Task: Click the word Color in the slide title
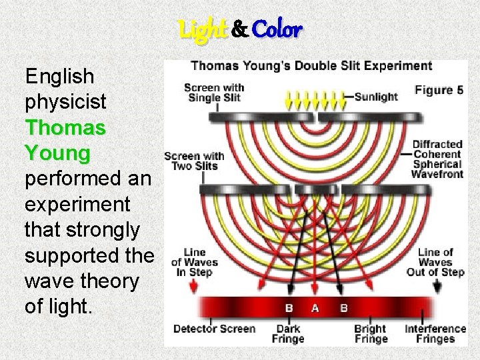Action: [x=278, y=29]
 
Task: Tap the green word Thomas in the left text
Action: [x=65, y=127]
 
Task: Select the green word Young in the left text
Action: [x=57, y=153]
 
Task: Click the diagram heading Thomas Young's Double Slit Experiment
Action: [x=311, y=66]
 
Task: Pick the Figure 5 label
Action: [x=439, y=90]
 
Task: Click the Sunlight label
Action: [x=377, y=97]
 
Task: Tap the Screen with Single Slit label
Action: [x=213, y=92]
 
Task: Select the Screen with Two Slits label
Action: [x=194, y=161]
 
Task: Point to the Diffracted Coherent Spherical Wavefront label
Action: [x=437, y=159]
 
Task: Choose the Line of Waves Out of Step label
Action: [x=436, y=262]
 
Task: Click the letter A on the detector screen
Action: [x=315, y=308]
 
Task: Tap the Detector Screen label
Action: [x=214, y=329]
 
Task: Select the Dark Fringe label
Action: [x=288, y=333]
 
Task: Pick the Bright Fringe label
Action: [x=370, y=333]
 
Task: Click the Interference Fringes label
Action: [x=435, y=333]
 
